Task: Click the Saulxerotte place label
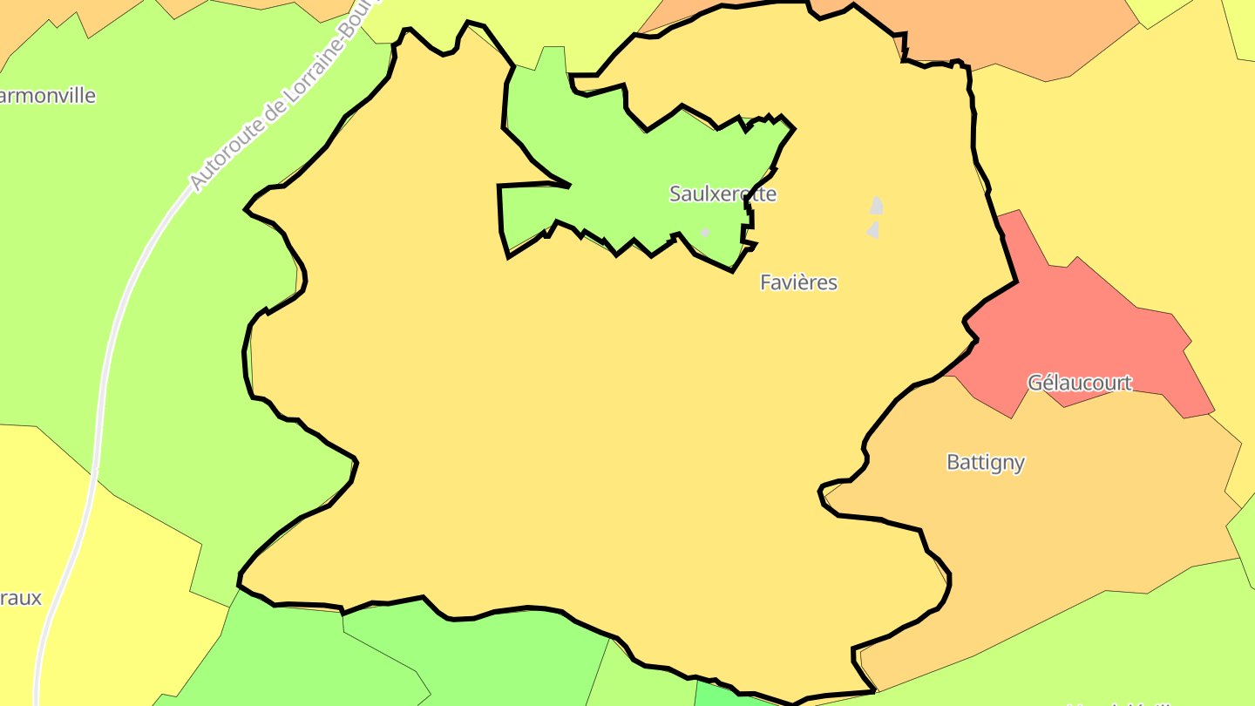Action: pyautogui.click(x=722, y=193)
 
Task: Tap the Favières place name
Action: pyautogui.click(x=798, y=282)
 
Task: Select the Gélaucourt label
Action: pyautogui.click(x=1079, y=383)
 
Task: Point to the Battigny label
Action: pyautogui.click(x=985, y=462)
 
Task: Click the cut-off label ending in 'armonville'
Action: pyautogui.click(x=47, y=96)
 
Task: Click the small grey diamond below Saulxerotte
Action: pyautogui.click(x=705, y=232)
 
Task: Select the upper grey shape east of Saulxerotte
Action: pyautogui.click(x=877, y=206)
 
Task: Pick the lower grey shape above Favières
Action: pyautogui.click(x=872, y=230)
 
